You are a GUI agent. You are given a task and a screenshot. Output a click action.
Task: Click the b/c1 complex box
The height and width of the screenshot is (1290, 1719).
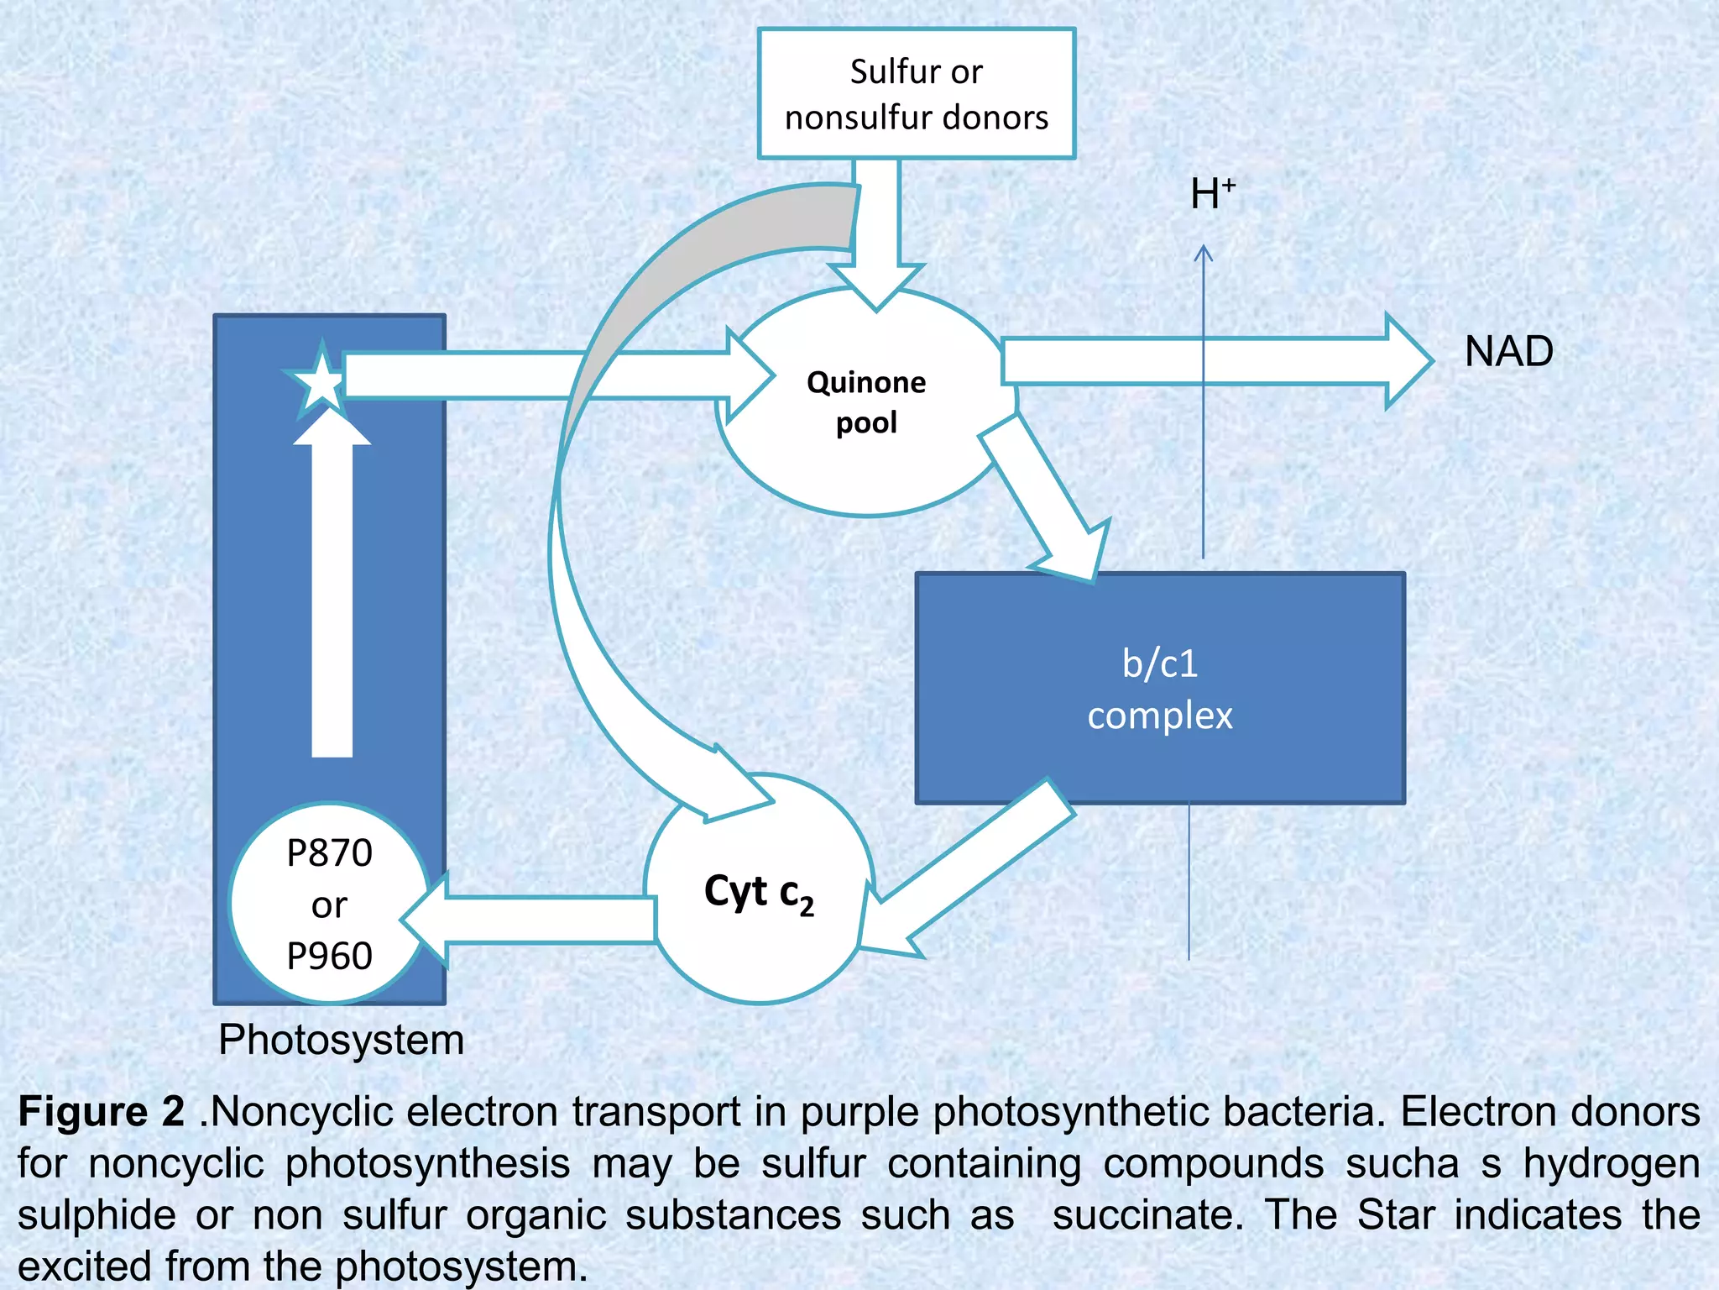click(1160, 689)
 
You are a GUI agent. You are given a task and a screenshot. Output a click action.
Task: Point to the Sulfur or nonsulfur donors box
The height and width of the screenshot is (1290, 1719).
click(917, 94)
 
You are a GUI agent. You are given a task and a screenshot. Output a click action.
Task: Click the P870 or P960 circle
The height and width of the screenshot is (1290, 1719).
click(329, 905)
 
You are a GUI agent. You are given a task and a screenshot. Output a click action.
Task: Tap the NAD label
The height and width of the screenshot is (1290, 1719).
click(1508, 351)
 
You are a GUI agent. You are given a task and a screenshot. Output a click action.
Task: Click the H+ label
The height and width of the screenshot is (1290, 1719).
click(1212, 194)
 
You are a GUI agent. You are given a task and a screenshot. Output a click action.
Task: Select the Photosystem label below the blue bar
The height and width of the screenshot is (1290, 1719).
click(341, 1040)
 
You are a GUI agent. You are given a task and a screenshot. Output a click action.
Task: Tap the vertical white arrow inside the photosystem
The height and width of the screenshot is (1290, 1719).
click(332, 588)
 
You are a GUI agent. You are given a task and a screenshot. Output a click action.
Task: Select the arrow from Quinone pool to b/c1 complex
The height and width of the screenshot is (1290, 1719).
click(1049, 504)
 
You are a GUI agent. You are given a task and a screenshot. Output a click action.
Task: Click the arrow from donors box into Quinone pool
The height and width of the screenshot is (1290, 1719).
click(876, 227)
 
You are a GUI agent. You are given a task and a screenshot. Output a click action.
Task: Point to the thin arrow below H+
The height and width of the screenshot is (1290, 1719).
click(1204, 403)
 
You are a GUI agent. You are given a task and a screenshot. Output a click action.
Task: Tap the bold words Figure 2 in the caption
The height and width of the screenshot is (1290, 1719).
click(102, 1112)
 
